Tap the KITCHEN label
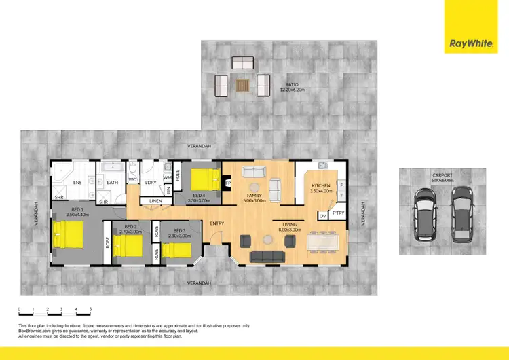320,186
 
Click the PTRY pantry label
338,213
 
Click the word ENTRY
217,223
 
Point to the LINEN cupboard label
155,201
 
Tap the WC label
132,181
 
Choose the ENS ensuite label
77,182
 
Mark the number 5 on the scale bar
90,309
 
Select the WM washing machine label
167,177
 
